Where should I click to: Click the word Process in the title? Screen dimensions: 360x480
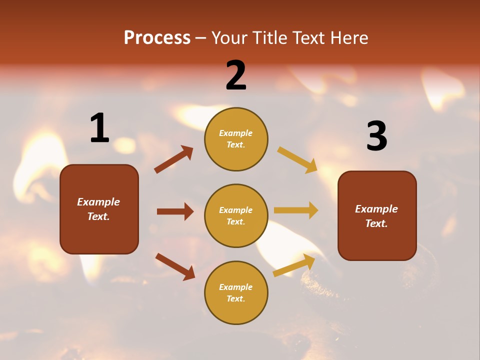157,38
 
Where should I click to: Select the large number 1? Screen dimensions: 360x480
99,128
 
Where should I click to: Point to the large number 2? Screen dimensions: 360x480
236,75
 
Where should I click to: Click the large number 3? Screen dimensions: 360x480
376,136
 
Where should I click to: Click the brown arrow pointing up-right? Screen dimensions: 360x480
174,159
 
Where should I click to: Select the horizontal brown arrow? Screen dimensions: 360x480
175,211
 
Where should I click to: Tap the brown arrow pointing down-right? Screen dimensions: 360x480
175,266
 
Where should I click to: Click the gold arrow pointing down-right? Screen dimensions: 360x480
297,159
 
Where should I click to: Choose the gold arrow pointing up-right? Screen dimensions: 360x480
294,265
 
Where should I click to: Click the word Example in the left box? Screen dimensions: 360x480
98,202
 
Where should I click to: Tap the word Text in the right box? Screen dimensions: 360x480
376,223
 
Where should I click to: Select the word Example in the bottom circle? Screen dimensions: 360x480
236,287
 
